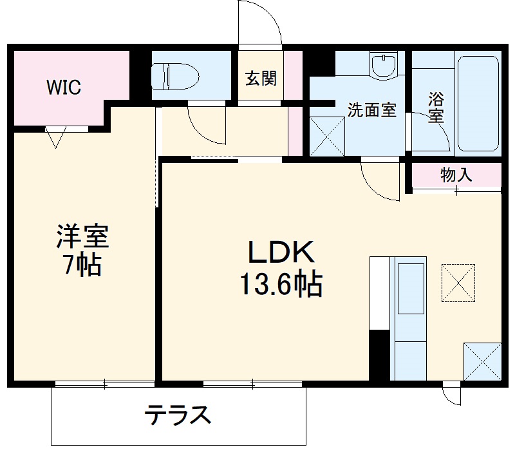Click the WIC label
(x=63, y=88)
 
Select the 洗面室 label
(x=371, y=109)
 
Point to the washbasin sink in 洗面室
(x=386, y=65)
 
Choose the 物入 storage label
(x=457, y=175)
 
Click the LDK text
(x=281, y=253)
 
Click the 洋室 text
(x=82, y=236)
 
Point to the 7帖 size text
(x=82, y=265)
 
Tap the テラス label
(x=178, y=415)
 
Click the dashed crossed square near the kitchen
(x=458, y=282)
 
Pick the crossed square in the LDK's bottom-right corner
(x=482, y=363)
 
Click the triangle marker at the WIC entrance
(x=56, y=137)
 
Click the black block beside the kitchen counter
(x=379, y=355)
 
